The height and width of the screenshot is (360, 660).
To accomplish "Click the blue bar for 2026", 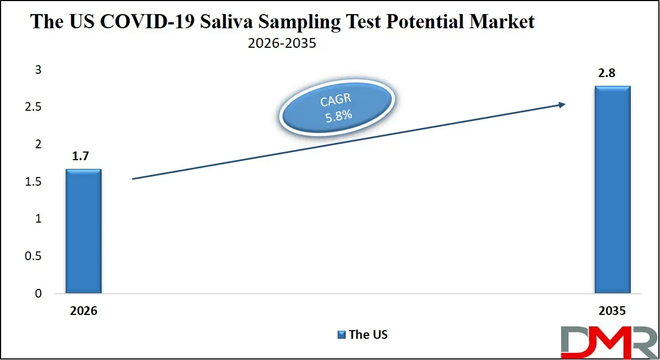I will click(x=83, y=231).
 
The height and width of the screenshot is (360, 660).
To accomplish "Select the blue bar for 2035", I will click(x=612, y=190).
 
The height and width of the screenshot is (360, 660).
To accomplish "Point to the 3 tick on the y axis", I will click(x=38, y=70).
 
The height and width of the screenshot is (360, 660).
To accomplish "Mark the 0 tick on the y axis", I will click(x=38, y=294).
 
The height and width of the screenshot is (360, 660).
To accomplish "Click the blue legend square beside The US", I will click(x=341, y=334).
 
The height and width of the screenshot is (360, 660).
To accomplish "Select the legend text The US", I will click(x=369, y=334).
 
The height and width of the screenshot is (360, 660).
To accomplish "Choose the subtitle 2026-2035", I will click(x=282, y=43).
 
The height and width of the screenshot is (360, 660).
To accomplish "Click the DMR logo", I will click(x=608, y=340).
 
